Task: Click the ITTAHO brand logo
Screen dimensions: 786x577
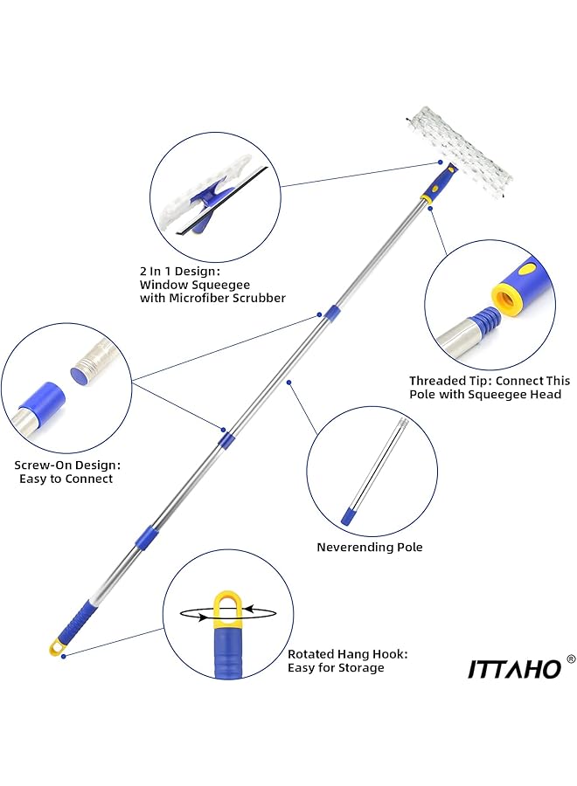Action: [514, 668]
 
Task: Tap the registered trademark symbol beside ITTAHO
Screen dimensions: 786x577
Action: [571, 659]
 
